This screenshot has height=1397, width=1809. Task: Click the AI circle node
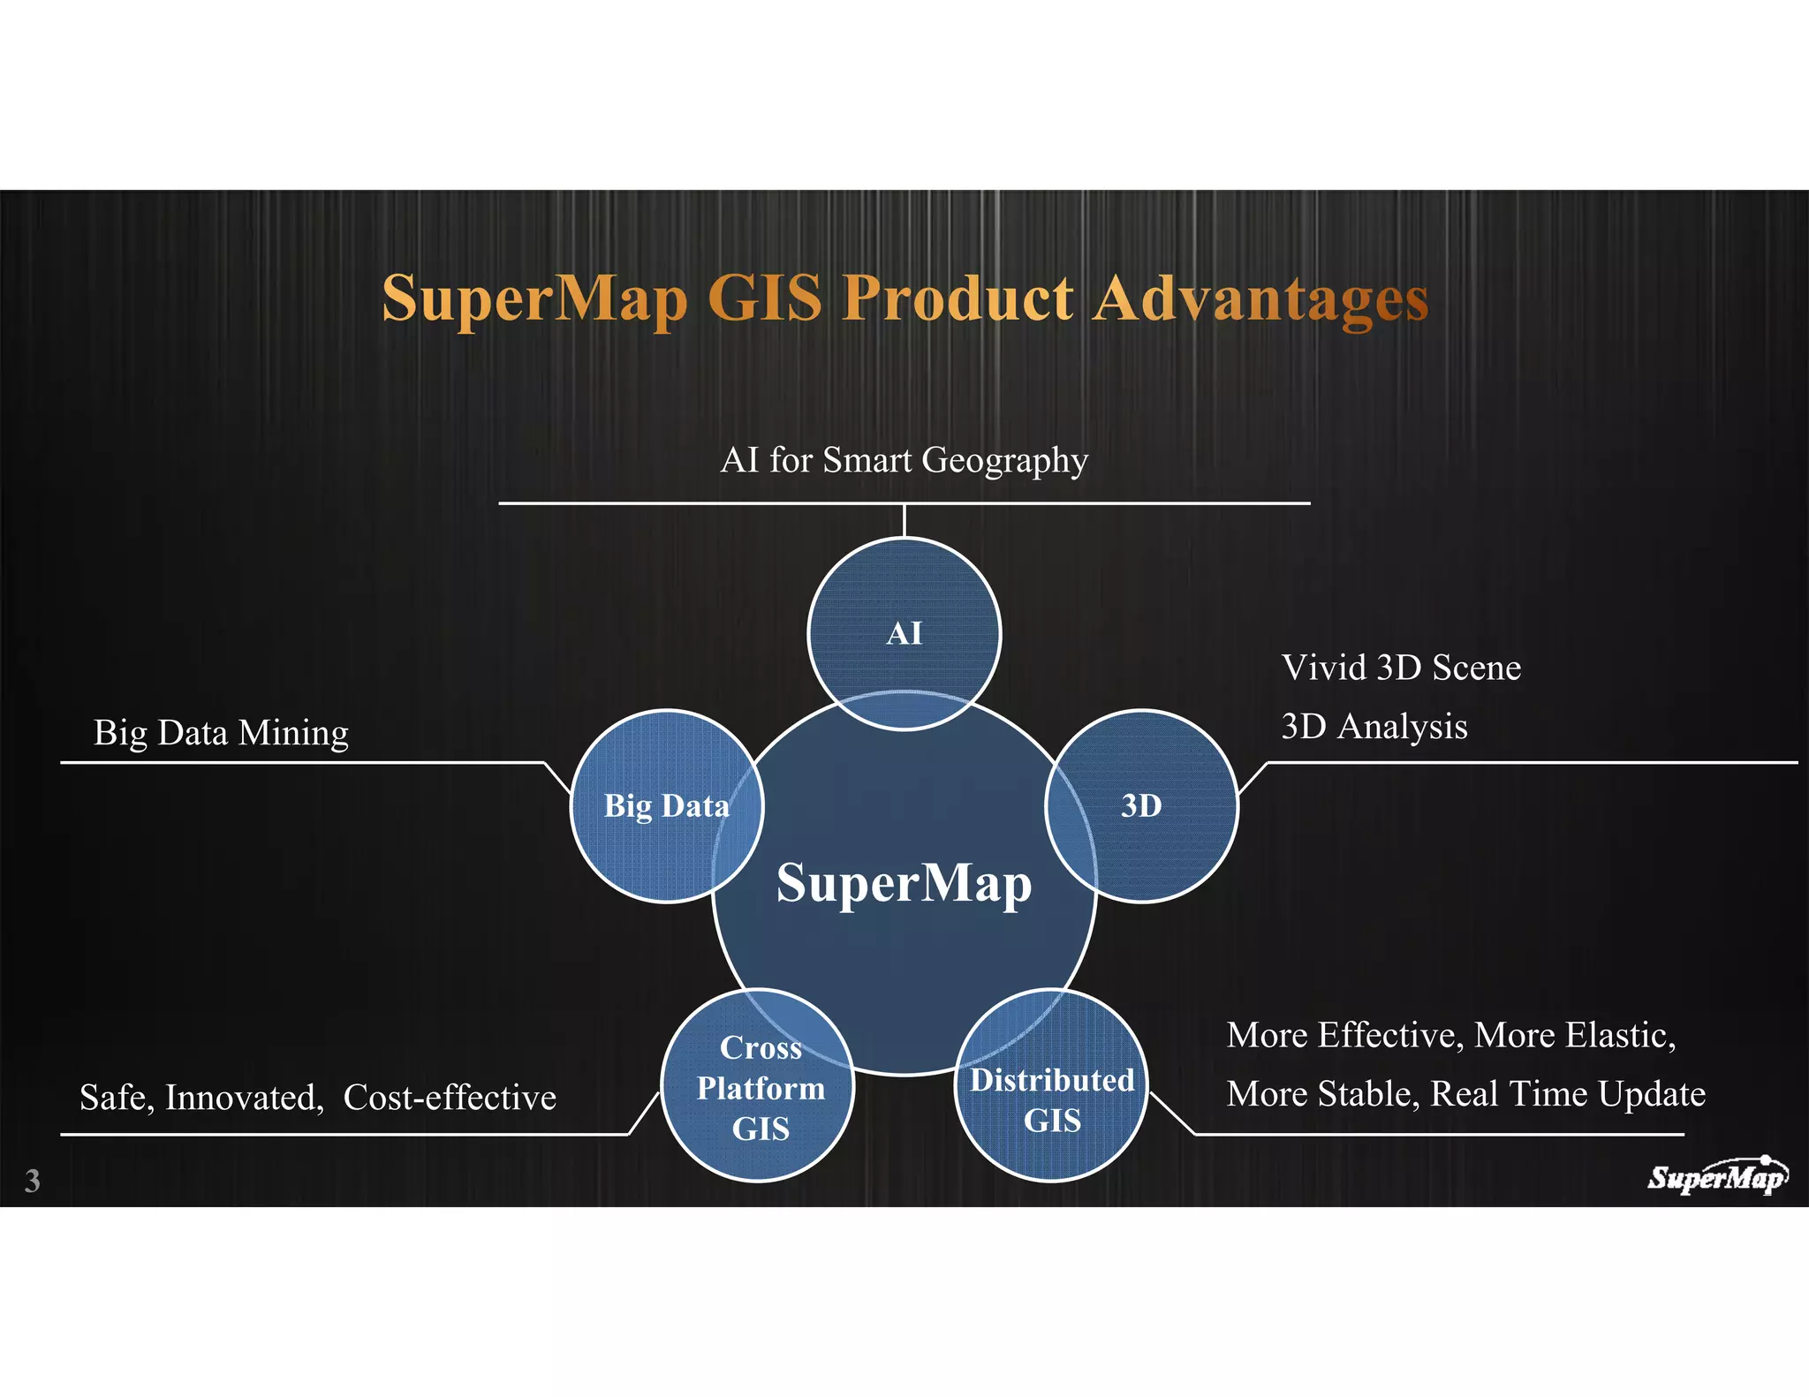pyautogui.click(x=904, y=632)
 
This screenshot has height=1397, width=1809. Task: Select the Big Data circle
pyautogui.click(x=666, y=805)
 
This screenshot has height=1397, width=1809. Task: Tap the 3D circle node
pyautogui.click(x=1141, y=805)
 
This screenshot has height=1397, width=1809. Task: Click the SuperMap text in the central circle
pyautogui.click(x=904, y=883)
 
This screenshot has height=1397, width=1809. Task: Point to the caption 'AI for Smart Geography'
pyautogui.click(x=904, y=460)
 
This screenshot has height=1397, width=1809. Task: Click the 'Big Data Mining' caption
pyautogui.click(x=221, y=733)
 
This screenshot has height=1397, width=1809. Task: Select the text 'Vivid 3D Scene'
pyautogui.click(x=1401, y=668)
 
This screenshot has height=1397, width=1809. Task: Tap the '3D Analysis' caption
pyautogui.click(x=1374, y=727)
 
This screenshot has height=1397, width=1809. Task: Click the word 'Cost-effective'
pyautogui.click(x=450, y=1098)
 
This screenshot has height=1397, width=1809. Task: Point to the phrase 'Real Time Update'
pyautogui.click(x=1567, y=1094)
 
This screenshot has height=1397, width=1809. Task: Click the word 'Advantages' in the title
pyautogui.click(x=1260, y=298)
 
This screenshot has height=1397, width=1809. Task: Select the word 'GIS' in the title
pyautogui.click(x=764, y=298)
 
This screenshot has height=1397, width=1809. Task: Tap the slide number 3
pyautogui.click(x=33, y=1181)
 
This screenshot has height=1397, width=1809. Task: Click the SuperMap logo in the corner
pyautogui.click(x=1716, y=1177)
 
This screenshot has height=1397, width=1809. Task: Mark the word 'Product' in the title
pyautogui.click(x=957, y=298)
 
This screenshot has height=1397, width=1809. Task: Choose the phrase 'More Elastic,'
pyautogui.click(x=1575, y=1035)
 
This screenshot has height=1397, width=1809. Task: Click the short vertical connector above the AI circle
pyautogui.click(x=904, y=520)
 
